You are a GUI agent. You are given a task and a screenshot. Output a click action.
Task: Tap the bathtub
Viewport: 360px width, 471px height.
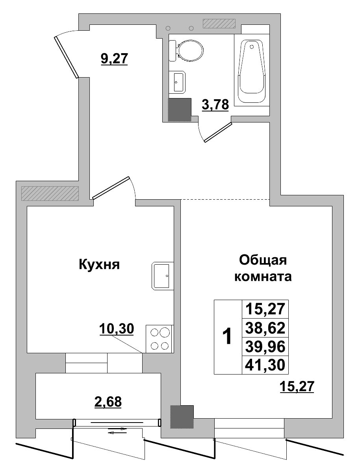(x=252, y=69)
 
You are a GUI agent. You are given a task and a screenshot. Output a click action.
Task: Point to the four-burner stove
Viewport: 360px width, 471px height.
(x=160, y=339)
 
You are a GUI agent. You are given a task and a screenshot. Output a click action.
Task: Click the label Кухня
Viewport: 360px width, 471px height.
(x=99, y=264)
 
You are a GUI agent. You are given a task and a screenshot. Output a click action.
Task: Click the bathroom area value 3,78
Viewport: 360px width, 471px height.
(x=215, y=106)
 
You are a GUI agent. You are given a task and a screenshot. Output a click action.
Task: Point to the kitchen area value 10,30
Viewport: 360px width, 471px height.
(x=117, y=328)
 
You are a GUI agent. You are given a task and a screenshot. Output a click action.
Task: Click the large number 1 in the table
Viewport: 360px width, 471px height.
(x=227, y=337)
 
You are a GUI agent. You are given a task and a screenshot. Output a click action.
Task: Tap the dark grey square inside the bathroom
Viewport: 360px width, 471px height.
(x=180, y=109)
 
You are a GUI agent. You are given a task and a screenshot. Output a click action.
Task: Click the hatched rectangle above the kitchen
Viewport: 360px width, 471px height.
(x=50, y=193)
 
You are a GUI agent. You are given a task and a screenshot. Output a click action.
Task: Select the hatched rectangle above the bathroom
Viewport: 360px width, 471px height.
(x=219, y=24)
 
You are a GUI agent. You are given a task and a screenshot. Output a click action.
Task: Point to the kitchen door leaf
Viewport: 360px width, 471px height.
(x=111, y=187)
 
